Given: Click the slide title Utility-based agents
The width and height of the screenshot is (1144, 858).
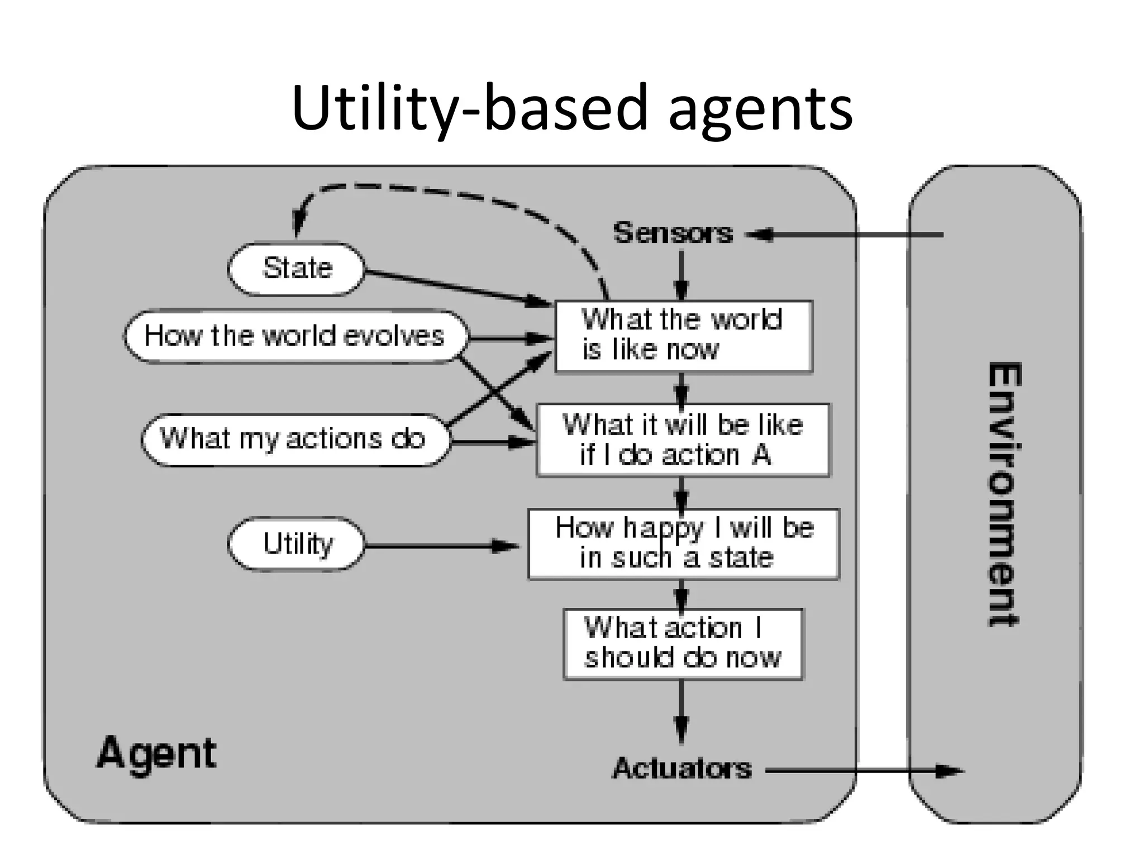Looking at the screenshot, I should point(571,107).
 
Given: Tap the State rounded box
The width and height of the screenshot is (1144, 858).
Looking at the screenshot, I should point(296,269).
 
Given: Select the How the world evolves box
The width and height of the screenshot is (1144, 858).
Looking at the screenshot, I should point(295,336).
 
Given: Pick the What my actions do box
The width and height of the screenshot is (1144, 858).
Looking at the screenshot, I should point(294,439).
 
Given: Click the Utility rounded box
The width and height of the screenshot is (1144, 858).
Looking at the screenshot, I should point(296,544).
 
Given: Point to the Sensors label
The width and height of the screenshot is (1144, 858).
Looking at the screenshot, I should point(673,233).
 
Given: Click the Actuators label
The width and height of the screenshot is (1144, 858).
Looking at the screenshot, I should point(681,769).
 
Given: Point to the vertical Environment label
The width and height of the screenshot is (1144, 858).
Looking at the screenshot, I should point(1003,494).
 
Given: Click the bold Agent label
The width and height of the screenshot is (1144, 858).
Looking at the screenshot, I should point(157,753).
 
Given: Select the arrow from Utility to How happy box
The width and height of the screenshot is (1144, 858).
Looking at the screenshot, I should point(441,546).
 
